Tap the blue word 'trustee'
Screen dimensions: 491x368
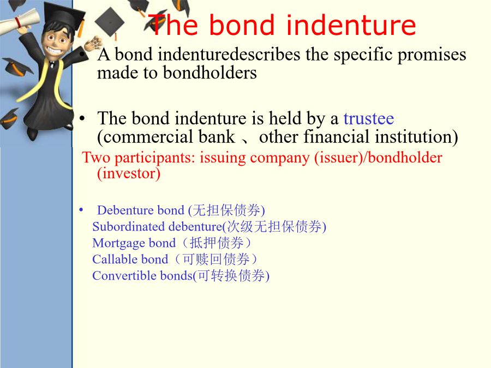click(369, 119)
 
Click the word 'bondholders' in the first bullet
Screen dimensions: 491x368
click(210, 73)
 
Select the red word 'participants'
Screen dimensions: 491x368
click(155, 158)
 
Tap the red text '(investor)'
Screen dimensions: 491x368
click(129, 173)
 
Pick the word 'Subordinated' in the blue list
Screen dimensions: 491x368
click(128, 227)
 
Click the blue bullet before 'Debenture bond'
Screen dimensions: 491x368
click(81, 210)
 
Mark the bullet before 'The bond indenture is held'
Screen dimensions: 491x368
click(82, 119)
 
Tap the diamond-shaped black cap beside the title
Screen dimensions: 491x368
click(110, 22)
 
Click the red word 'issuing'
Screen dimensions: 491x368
click(223, 158)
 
